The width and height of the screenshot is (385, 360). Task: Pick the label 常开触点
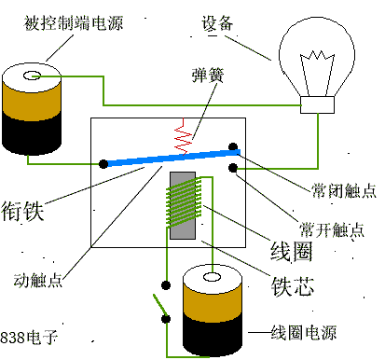coord(332,229)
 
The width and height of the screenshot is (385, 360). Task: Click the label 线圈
coord(292,252)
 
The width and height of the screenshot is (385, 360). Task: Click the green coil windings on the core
coord(185,205)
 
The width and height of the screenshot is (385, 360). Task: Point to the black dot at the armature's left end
coord(102,165)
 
